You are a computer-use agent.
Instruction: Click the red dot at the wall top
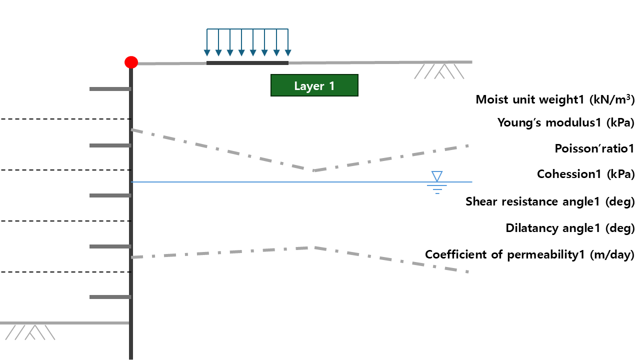[131, 62]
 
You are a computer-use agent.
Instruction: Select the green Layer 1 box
[314, 85]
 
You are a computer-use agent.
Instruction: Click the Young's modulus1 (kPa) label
[565, 122]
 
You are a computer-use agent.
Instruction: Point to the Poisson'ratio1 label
[594, 148]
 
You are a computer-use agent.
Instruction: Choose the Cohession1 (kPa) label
[585, 174]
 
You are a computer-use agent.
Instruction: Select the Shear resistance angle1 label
[549, 201]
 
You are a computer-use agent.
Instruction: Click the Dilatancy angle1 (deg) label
[569, 228]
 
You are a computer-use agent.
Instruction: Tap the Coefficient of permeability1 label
[529, 254]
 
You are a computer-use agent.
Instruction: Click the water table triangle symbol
[437, 176]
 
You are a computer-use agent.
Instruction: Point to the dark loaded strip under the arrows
[247, 63]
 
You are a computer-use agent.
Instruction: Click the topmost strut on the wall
[110, 89]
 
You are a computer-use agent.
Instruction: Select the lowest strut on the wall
[110, 297]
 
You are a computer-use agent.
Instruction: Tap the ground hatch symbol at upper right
[439, 71]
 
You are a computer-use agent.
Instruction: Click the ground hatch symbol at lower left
[30, 332]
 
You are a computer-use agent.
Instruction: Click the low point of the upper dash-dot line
[313, 170]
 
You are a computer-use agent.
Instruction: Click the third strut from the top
[110, 195]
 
